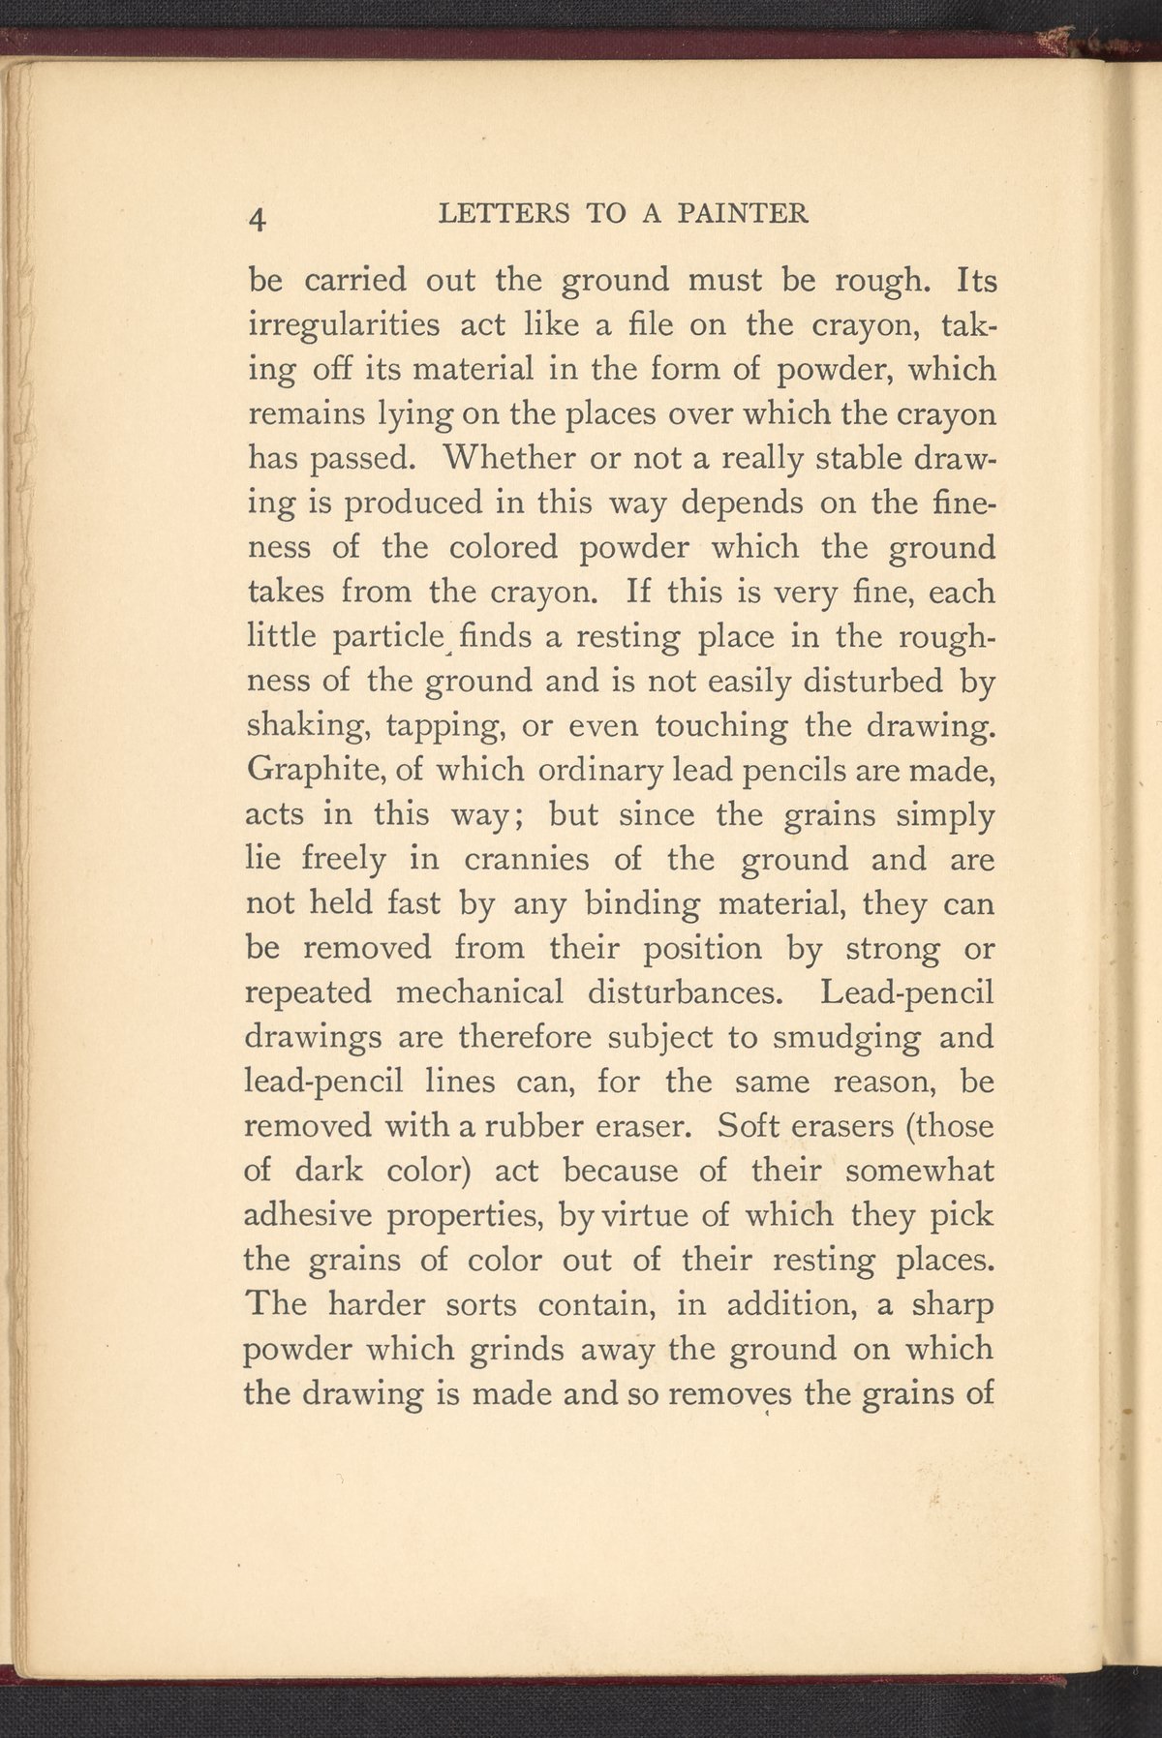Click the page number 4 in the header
point(258,218)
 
